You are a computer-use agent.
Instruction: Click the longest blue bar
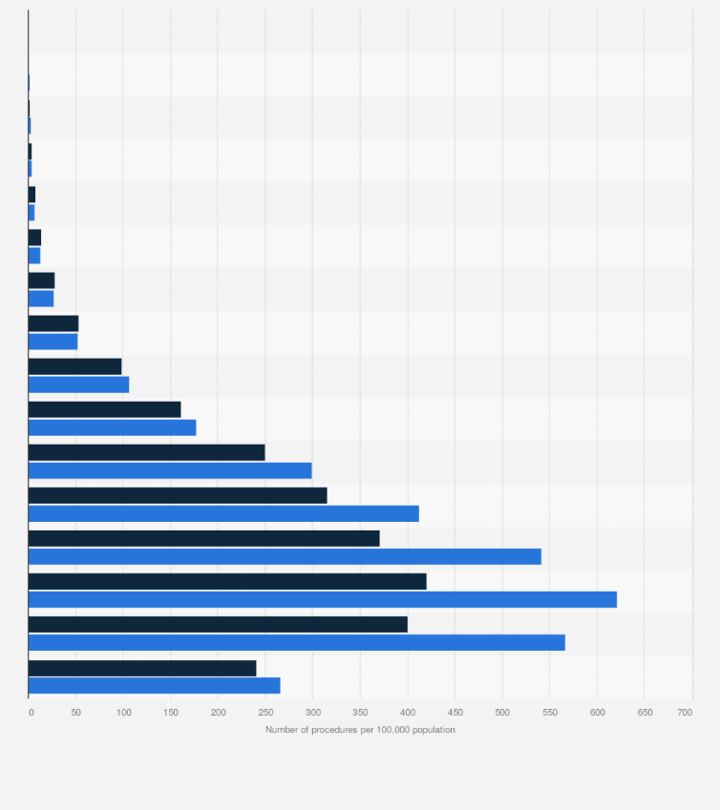[322, 599]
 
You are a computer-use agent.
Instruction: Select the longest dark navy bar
[227, 581]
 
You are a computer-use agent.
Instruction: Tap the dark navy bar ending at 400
[218, 624]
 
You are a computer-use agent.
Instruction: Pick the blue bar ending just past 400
[223, 513]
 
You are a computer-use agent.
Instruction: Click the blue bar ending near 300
[170, 470]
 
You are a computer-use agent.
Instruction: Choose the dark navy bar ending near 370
[203, 538]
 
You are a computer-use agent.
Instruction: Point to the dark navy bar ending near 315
[178, 495]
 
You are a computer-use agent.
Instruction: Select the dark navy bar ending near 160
[104, 409]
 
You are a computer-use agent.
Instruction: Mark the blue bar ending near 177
[112, 427]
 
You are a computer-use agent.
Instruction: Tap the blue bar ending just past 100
[78, 384]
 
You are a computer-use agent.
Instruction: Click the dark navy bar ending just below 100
[74, 366]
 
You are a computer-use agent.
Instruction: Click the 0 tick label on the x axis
[31, 713]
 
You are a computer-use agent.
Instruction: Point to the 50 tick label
[76, 713]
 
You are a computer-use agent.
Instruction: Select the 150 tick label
[171, 713]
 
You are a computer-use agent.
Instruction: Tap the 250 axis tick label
[265, 713]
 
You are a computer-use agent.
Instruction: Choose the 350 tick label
[360, 713]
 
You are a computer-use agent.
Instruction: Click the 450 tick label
[455, 713]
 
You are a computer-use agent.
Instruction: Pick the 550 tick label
[549, 713]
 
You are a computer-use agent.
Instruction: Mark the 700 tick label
[685, 713]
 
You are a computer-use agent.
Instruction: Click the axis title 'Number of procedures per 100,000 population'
[360, 730]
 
